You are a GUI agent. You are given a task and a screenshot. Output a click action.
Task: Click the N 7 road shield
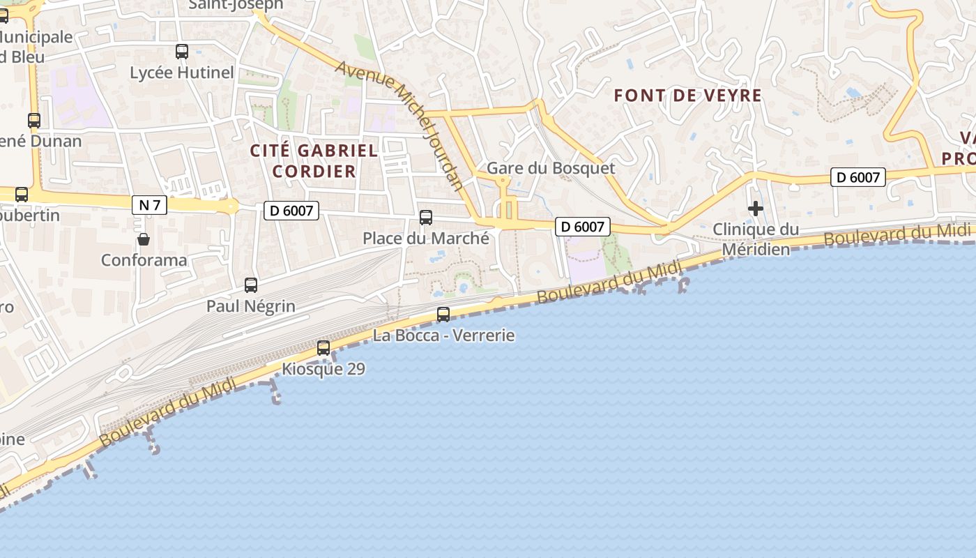(x=149, y=205)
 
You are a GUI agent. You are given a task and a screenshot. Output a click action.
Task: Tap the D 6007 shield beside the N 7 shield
(x=291, y=211)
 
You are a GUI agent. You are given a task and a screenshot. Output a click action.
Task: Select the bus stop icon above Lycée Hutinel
(x=182, y=52)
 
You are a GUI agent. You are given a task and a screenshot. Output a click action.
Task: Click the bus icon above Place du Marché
(x=426, y=218)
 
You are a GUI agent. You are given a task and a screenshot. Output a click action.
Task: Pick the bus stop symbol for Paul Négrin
(x=251, y=285)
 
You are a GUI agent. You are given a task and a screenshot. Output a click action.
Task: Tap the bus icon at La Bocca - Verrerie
(x=443, y=315)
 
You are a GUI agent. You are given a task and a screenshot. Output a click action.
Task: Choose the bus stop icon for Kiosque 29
(x=323, y=348)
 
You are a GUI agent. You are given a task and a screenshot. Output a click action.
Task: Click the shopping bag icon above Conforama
(x=144, y=240)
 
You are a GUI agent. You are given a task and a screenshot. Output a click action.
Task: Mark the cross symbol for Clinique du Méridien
(x=756, y=209)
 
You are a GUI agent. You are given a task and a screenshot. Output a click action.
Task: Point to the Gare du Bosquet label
(x=551, y=168)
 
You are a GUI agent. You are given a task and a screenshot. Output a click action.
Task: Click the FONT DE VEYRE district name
(x=687, y=96)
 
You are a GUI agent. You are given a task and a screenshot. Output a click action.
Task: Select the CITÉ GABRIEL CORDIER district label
(x=314, y=160)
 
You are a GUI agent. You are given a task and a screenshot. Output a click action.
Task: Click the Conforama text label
(x=144, y=260)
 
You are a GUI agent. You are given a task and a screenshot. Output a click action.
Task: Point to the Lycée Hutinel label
(x=182, y=73)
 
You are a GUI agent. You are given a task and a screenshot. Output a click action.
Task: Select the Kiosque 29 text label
(x=323, y=369)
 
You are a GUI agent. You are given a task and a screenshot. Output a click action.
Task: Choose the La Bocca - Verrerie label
(x=444, y=335)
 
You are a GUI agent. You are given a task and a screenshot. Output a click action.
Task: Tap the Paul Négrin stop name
(x=251, y=306)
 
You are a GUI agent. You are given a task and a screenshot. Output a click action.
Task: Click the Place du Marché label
(x=426, y=239)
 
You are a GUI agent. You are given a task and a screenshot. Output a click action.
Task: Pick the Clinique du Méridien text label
(x=756, y=239)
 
